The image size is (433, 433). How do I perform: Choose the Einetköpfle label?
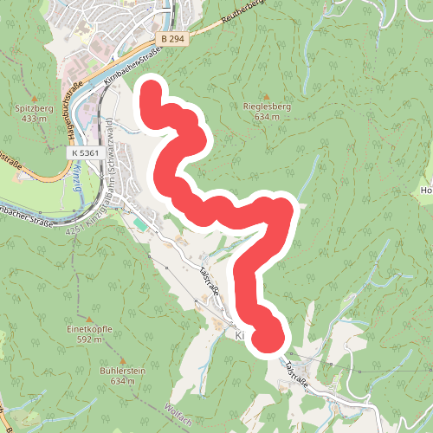[91, 330]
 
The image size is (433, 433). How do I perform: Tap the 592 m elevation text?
[91, 339]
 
